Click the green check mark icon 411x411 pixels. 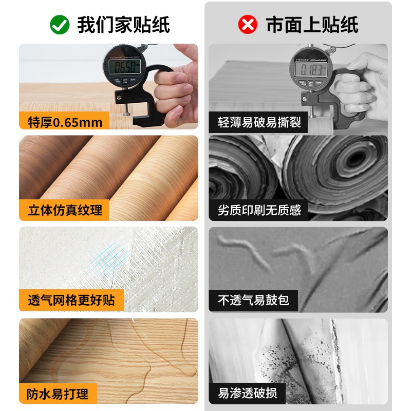tap(59, 24)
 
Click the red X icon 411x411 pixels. tap(248, 24)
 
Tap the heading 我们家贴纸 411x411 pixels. tap(123, 24)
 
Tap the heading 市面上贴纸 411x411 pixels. tap(312, 24)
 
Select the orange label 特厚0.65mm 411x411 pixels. tap(64, 122)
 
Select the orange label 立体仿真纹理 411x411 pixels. tap(64, 210)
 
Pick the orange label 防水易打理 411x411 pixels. tap(58, 394)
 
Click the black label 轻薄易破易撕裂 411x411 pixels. tap(259, 123)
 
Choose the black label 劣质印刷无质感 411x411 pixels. tap(259, 210)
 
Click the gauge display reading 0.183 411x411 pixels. tap(311, 69)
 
